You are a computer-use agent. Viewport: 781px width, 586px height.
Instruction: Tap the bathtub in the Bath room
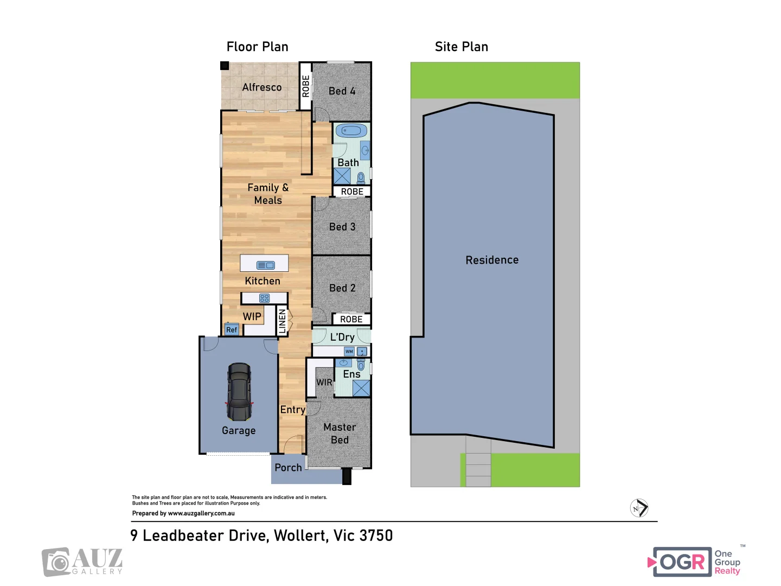point(351,131)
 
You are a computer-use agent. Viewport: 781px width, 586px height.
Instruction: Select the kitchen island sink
point(265,265)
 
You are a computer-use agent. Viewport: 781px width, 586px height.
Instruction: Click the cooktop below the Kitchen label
point(264,298)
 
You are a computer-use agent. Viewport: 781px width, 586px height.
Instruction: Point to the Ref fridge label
point(232,330)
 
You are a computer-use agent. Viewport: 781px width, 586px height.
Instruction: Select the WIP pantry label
point(252,316)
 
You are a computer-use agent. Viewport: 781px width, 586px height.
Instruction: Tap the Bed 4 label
point(342,91)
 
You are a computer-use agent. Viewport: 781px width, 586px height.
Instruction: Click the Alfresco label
point(261,87)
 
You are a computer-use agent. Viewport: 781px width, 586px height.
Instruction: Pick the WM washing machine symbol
point(349,352)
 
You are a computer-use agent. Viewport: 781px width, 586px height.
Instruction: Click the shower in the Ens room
point(361,388)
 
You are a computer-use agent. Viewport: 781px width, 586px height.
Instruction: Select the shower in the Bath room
point(342,176)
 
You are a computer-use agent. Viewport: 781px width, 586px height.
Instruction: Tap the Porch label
point(288,468)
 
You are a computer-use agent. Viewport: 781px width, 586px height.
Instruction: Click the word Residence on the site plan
point(492,260)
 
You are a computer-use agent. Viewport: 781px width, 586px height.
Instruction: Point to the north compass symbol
point(639,508)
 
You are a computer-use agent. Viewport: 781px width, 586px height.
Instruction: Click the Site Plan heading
point(461,47)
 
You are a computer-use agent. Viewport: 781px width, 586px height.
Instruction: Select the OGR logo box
point(682,562)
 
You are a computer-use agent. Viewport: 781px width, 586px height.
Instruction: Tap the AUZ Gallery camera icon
point(56,562)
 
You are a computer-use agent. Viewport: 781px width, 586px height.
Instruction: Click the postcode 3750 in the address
point(376,536)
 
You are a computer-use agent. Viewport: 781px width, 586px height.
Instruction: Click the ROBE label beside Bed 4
point(306,86)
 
